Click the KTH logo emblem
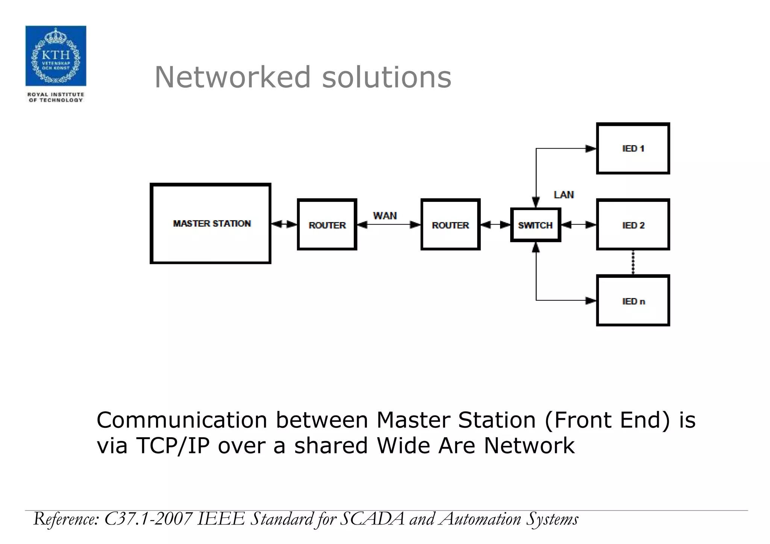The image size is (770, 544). [x=56, y=56]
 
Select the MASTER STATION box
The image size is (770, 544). [x=211, y=224]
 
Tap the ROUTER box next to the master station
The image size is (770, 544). [x=327, y=225]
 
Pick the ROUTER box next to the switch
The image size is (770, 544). [x=450, y=225]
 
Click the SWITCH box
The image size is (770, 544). [x=535, y=225]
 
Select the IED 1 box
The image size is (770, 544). [x=633, y=149]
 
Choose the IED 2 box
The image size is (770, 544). [x=633, y=225]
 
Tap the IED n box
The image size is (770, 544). [x=633, y=301]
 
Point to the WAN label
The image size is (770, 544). [x=385, y=216]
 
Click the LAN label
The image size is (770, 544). [x=564, y=195]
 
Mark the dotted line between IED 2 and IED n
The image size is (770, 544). [x=633, y=262]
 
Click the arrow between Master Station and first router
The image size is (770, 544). [x=284, y=224]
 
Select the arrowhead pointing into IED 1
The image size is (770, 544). [x=591, y=149]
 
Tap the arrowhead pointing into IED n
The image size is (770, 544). [x=591, y=300]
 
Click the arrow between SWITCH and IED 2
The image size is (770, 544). [x=578, y=225]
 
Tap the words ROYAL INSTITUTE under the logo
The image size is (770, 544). [x=56, y=94]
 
